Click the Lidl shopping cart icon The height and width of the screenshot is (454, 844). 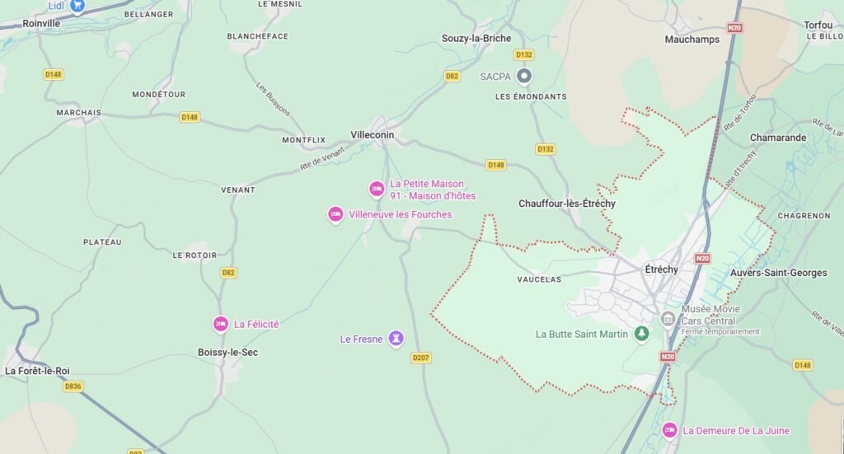click(x=77, y=6)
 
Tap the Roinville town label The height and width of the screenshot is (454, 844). click(x=41, y=23)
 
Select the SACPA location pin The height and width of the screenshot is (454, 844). click(x=523, y=77)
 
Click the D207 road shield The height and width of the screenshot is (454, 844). click(x=420, y=358)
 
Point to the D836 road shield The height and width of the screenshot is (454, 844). click(x=73, y=386)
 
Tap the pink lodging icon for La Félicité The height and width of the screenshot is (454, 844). click(x=220, y=324)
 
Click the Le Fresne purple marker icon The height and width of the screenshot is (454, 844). click(x=396, y=339)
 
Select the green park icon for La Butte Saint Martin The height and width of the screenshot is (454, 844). click(x=641, y=334)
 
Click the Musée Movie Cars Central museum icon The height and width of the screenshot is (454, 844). click(x=668, y=318)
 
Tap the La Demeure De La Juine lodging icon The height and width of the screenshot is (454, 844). click(x=669, y=430)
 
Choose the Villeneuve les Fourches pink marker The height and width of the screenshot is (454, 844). click(x=335, y=214)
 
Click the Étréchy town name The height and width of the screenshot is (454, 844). click(x=661, y=269)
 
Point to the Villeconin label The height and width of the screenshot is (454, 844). click(x=372, y=135)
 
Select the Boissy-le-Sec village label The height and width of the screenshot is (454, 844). click(x=227, y=352)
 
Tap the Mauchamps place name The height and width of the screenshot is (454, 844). click(x=692, y=39)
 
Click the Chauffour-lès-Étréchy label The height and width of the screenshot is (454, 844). click(x=566, y=204)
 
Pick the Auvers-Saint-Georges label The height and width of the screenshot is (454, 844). click(x=778, y=273)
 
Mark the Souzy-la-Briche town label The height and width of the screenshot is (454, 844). click(x=476, y=38)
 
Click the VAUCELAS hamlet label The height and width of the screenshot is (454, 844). click(x=539, y=279)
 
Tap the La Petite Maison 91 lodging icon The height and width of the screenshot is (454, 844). click(x=377, y=189)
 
